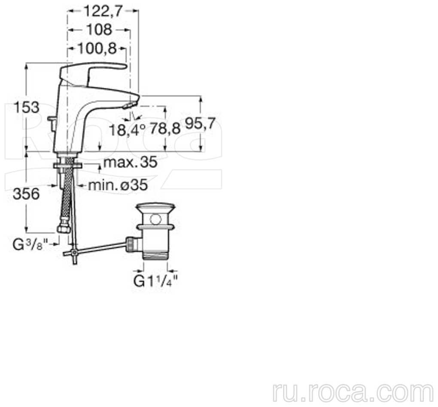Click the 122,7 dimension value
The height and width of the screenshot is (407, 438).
tap(103, 12)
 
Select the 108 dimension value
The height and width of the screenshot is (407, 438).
tap(99, 30)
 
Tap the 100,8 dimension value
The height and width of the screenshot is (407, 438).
tap(97, 49)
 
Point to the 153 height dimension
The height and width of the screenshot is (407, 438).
tap(27, 108)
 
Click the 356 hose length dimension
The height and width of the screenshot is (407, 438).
tap(26, 194)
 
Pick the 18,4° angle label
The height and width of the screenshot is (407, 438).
tap(127, 130)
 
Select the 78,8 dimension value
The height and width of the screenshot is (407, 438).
tap(165, 129)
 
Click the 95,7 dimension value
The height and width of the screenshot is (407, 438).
tap(200, 124)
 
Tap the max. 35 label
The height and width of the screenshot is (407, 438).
tap(130, 162)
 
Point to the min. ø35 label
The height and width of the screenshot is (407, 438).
tap(118, 185)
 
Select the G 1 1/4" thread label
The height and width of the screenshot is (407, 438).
tap(155, 281)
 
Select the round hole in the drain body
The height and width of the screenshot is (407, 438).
tap(155, 219)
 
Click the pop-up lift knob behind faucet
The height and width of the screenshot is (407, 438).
tap(52, 119)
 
